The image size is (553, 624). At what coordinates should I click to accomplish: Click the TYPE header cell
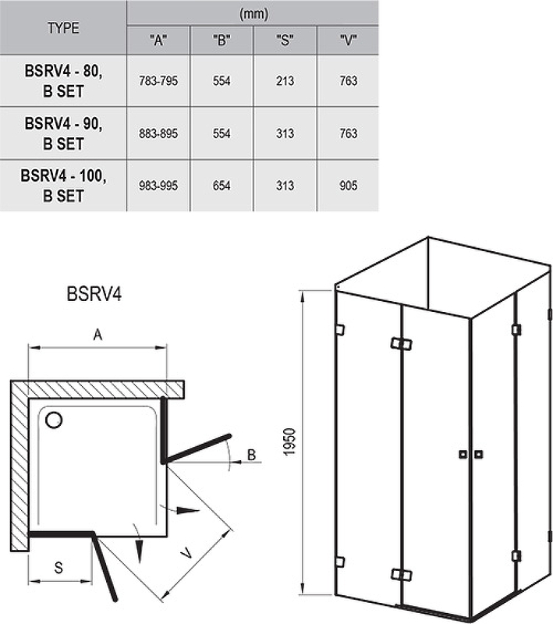[x=63, y=28]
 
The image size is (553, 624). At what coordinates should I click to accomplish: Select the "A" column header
[x=158, y=41]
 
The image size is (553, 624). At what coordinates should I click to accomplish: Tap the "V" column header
[x=348, y=41]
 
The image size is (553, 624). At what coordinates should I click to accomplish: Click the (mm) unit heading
[x=253, y=14]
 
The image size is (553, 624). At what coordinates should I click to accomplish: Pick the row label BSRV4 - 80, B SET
[x=63, y=81]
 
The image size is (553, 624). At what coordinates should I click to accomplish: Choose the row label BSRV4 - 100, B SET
[x=63, y=186]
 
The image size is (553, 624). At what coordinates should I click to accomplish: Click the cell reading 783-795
[x=158, y=81]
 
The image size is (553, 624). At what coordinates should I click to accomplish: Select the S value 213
[x=285, y=81]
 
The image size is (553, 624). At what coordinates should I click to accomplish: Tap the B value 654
[x=222, y=186]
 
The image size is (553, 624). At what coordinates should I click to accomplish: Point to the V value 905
[x=348, y=186]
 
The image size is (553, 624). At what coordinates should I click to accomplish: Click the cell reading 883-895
[x=158, y=133]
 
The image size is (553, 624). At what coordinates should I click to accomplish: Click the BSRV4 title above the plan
[x=94, y=294]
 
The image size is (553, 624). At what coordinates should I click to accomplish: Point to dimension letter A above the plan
[x=97, y=335]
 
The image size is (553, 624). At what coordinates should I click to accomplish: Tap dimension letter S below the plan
[x=58, y=568]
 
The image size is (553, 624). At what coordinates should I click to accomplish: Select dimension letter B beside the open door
[x=251, y=455]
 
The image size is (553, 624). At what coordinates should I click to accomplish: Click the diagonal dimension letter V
[x=186, y=552]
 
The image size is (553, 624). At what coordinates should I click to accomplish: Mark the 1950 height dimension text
[x=290, y=441]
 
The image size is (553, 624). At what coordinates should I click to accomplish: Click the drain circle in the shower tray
[x=54, y=420]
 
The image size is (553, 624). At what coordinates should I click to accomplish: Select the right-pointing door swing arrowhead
[x=187, y=510]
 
